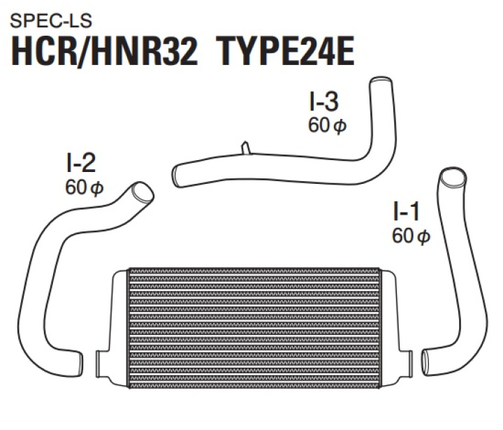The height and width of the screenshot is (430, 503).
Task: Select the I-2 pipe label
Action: coord(78,164)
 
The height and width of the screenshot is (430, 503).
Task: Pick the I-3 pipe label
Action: coord(323,102)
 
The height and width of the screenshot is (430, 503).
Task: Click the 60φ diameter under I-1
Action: coord(411,236)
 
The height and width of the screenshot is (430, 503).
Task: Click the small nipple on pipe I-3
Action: coord(245,148)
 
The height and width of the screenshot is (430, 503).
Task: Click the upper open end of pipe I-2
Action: coord(141,191)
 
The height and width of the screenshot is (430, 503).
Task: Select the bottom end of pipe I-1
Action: coord(428,359)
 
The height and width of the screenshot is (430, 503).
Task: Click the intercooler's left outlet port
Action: coord(103,361)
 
